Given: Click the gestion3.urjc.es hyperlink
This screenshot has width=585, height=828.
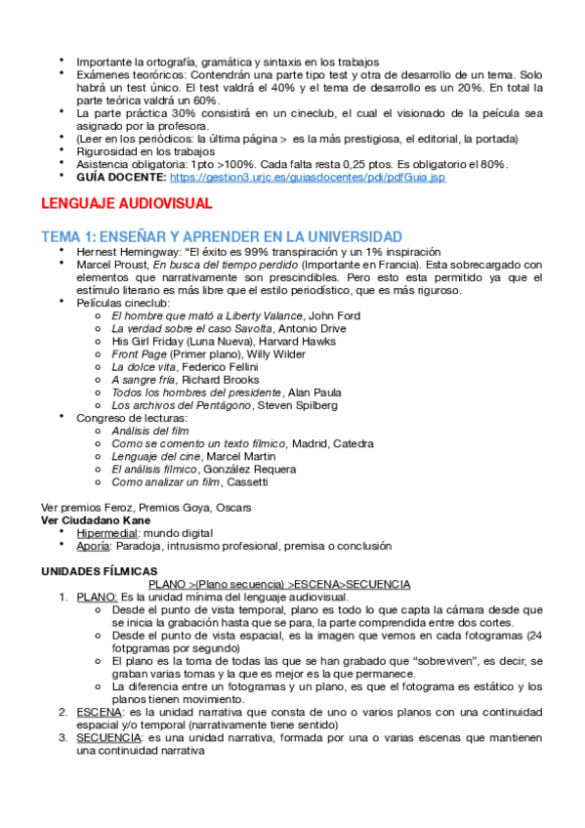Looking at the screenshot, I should (307, 179).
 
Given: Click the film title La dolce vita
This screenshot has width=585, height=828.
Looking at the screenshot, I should (144, 366).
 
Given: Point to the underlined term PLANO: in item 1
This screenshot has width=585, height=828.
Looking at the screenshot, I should (98, 597).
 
